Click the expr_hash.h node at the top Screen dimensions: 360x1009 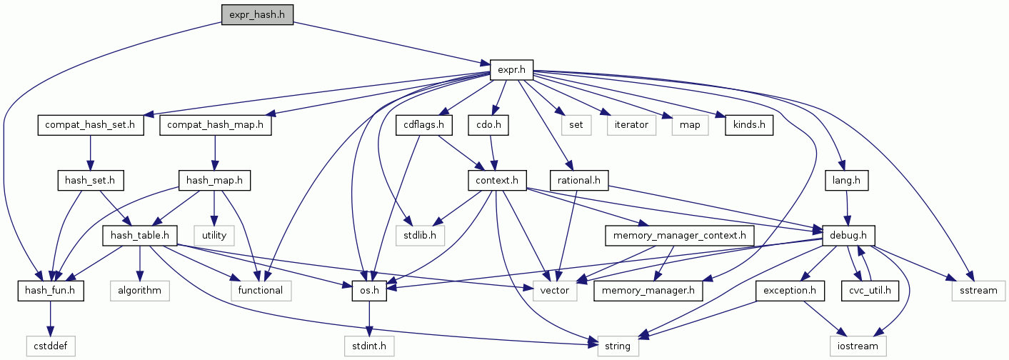pos(257,14)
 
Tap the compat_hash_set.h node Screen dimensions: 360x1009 pos(90,125)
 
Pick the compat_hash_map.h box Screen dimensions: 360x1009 pos(216,125)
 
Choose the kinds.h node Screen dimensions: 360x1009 pos(748,125)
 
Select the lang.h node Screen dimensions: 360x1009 pos(846,181)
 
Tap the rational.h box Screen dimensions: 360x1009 pos(579,181)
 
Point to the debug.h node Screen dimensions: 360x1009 pos(848,235)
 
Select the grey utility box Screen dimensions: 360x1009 pos(214,235)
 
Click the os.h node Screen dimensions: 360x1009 pos(369,290)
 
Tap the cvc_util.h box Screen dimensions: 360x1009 pos(869,290)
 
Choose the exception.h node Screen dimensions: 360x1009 pos(790,290)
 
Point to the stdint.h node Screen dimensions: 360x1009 pos(369,346)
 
